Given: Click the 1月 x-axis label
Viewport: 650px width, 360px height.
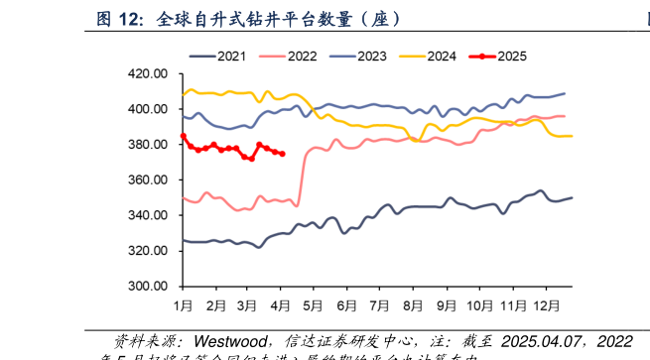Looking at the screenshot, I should point(183,304).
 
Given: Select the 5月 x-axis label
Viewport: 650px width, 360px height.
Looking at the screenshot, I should point(315,304).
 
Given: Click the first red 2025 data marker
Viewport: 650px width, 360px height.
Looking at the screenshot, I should point(184,136).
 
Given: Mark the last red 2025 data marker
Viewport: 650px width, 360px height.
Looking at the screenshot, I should point(283,154).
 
